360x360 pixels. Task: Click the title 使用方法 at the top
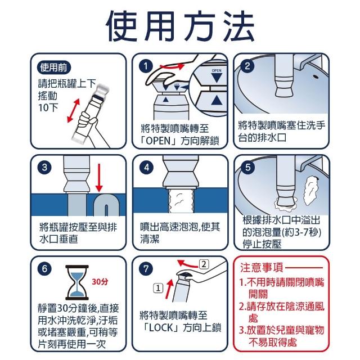180,26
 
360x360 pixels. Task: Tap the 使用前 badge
54,67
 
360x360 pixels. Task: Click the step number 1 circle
146,66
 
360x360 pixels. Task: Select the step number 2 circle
247,66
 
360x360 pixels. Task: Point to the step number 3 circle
44,168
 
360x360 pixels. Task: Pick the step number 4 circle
146,168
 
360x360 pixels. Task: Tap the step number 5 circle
247,168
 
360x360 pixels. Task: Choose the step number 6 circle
44,269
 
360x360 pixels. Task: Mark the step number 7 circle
146,269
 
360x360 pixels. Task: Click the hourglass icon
77,282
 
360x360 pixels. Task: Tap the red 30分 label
100,281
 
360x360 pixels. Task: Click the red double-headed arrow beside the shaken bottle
74,111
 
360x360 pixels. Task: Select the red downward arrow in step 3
99,178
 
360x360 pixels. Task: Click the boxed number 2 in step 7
204,264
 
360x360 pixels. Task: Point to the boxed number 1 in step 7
158,288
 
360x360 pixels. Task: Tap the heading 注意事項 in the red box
262,268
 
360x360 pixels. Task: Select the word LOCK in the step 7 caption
160,328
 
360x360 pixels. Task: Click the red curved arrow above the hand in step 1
172,66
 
